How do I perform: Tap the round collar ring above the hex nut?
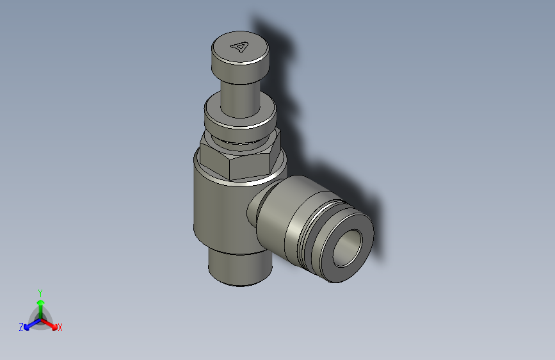239,119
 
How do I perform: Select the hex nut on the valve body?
237,160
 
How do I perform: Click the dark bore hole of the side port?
348,246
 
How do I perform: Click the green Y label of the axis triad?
40,291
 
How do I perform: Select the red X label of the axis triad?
60,328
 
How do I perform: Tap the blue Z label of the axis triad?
21,327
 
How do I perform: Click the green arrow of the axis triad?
40,304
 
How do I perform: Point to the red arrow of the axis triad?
51,323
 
